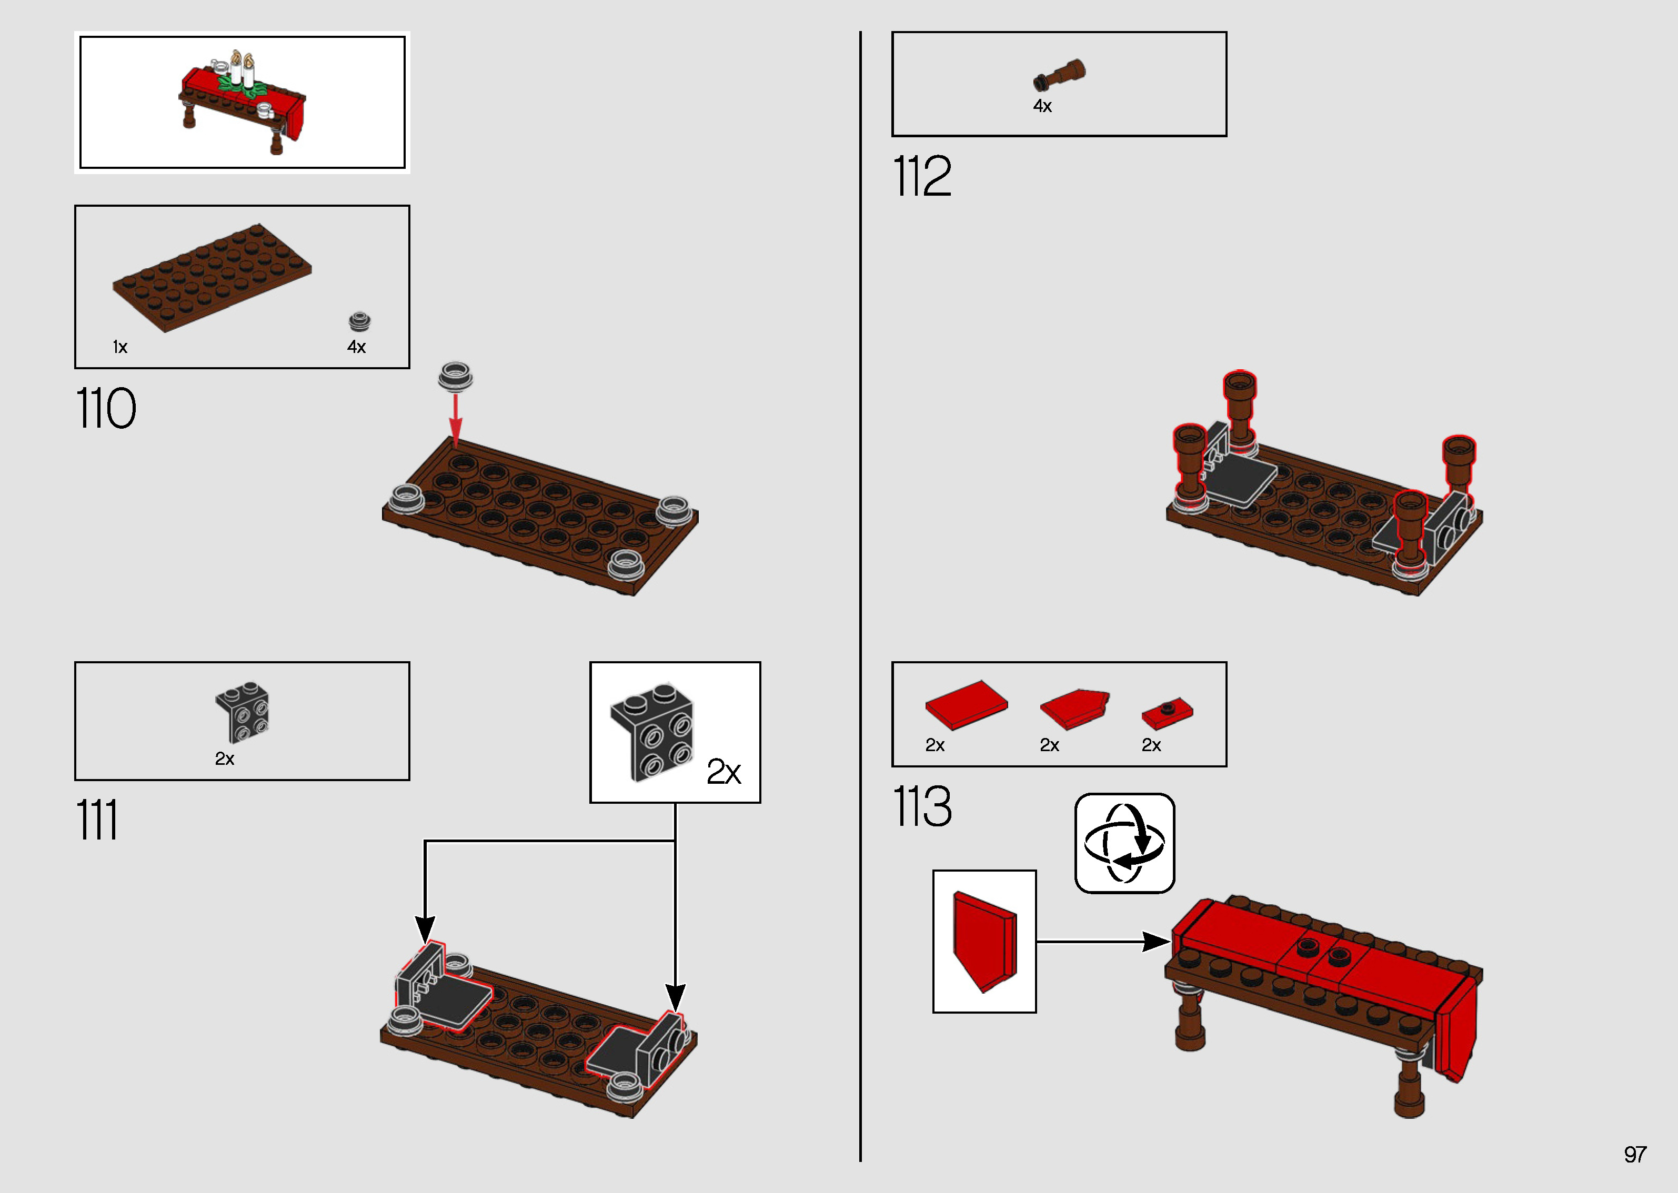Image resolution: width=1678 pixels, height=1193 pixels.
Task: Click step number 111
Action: coord(97,820)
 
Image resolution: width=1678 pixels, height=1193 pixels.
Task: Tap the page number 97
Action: coord(1635,1154)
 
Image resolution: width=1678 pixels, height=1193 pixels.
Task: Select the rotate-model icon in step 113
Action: coord(1124,843)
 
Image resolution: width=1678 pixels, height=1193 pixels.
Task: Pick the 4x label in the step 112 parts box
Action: coord(1042,106)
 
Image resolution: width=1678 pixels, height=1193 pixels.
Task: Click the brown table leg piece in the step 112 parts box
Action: coord(1060,75)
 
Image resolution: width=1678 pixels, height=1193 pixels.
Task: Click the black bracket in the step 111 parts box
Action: coord(243,711)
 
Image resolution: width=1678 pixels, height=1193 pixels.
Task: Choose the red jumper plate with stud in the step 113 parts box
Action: coord(1167,712)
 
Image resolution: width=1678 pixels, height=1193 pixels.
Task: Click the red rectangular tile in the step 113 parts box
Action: coord(966,704)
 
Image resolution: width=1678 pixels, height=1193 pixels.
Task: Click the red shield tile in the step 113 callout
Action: coord(984,942)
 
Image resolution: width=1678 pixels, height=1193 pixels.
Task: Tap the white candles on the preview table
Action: coord(243,70)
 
